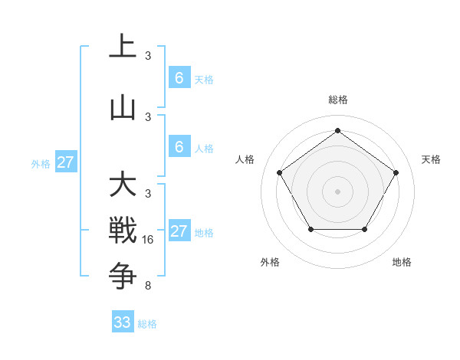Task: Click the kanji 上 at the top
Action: pyautogui.click(x=123, y=47)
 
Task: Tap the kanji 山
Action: pyautogui.click(x=123, y=108)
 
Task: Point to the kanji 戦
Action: pyautogui.click(x=123, y=231)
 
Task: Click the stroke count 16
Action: pyautogui.click(x=149, y=240)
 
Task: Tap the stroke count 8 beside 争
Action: pyautogui.click(x=147, y=286)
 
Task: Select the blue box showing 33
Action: pyautogui.click(x=123, y=322)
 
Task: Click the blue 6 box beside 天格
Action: pyautogui.click(x=179, y=78)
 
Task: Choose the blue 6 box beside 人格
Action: pyautogui.click(x=179, y=147)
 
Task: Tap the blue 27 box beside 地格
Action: pyautogui.click(x=179, y=231)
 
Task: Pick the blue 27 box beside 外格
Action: pyautogui.click(x=65, y=162)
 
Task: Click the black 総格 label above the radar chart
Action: pyautogui.click(x=337, y=100)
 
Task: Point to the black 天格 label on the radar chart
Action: pyautogui.click(x=431, y=159)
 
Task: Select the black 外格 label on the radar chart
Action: pyautogui.click(x=270, y=262)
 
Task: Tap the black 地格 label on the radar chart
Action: pyautogui.click(x=402, y=262)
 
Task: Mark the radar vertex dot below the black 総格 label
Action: pyautogui.click(x=337, y=130)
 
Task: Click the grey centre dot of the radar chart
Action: pyautogui.click(x=337, y=191)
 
